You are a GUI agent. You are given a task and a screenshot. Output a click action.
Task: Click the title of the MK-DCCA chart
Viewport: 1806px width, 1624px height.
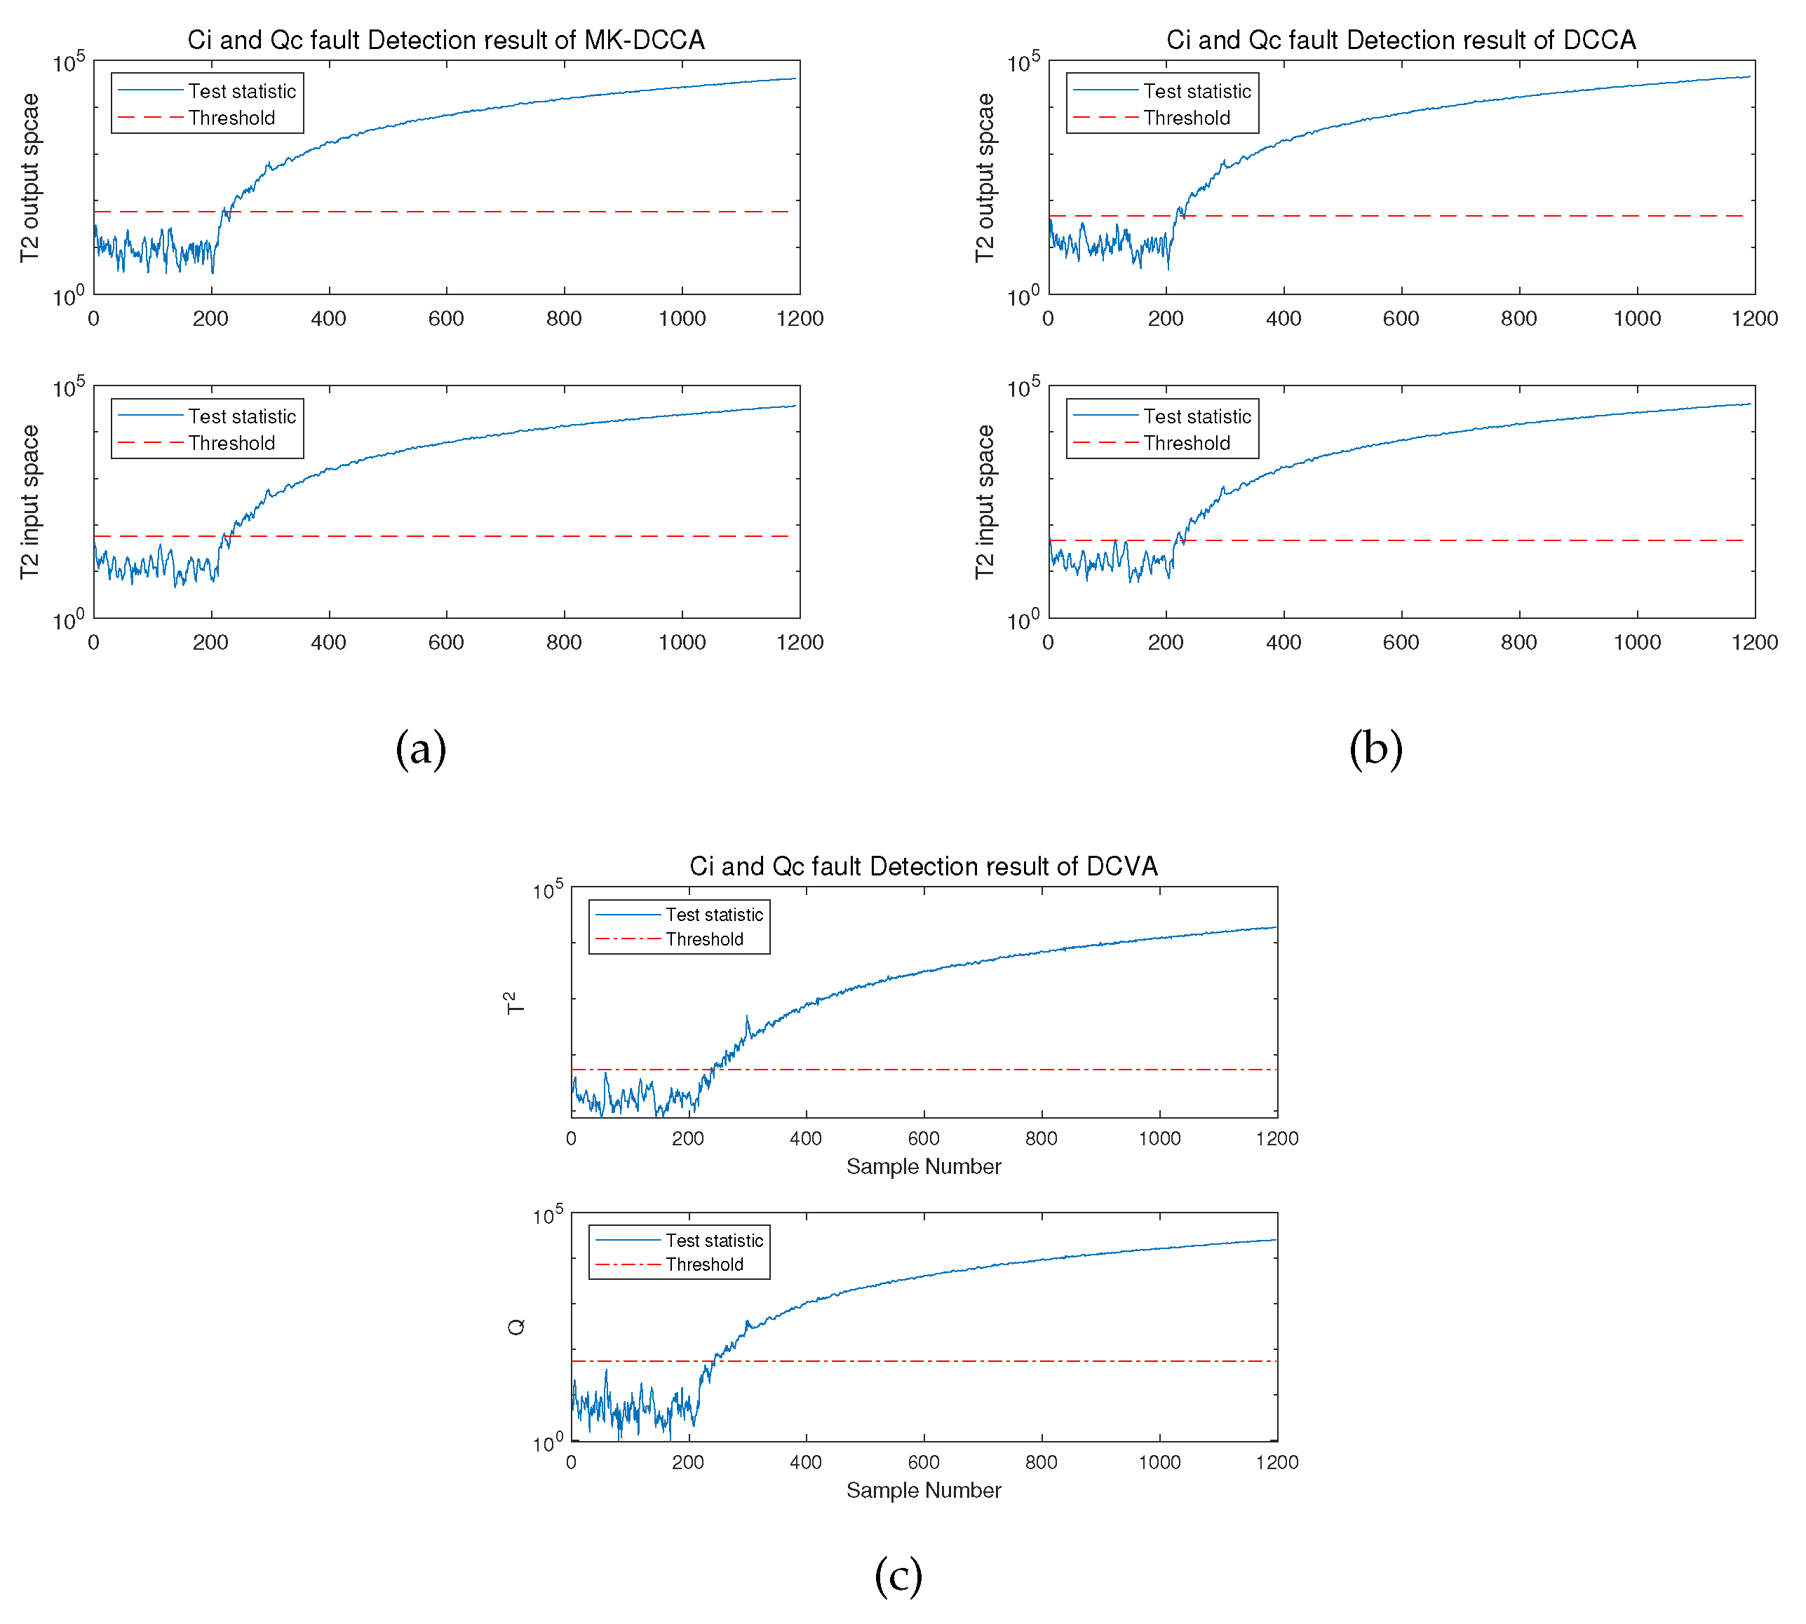point(445,40)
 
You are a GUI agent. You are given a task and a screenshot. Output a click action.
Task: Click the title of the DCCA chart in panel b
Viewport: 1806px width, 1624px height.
point(1400,40)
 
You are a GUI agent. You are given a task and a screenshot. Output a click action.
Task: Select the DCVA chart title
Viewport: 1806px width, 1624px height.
point(923,866)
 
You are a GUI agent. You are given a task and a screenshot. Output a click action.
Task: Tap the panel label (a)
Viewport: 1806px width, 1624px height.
point(421,748)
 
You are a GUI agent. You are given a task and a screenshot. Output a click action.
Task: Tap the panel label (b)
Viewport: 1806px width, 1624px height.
point(1375,748)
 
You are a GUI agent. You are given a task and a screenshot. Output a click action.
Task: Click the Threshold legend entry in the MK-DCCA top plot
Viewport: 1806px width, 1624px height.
point(231,118)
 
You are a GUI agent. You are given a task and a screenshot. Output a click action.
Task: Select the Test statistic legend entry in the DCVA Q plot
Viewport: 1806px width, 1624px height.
point(713,1241)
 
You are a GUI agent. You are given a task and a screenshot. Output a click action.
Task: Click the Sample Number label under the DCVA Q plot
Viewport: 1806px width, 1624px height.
point(923,1490)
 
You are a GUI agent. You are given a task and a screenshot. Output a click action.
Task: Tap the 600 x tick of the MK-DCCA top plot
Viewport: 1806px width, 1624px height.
point(445,318)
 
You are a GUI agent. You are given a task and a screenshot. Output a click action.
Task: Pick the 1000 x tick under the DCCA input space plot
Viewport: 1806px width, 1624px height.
point(1636,643)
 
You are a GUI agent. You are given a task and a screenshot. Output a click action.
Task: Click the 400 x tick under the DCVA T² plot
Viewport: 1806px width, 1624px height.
point(805,1138)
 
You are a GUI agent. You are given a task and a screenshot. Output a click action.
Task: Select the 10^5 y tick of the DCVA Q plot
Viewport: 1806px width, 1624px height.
point(547,1216)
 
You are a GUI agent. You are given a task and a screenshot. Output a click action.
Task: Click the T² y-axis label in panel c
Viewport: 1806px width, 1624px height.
point(514,1003)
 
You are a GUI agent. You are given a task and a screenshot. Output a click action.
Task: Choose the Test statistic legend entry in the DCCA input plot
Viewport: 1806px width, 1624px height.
point(1197,417)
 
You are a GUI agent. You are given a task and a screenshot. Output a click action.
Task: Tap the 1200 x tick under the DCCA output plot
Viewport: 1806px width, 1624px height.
point(1754,318)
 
